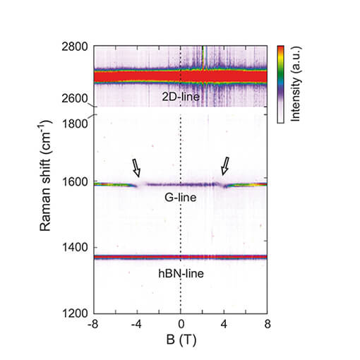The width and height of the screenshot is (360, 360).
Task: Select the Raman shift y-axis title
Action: click(49, 179)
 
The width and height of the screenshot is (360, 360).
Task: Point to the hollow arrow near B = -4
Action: click(136, 167)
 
